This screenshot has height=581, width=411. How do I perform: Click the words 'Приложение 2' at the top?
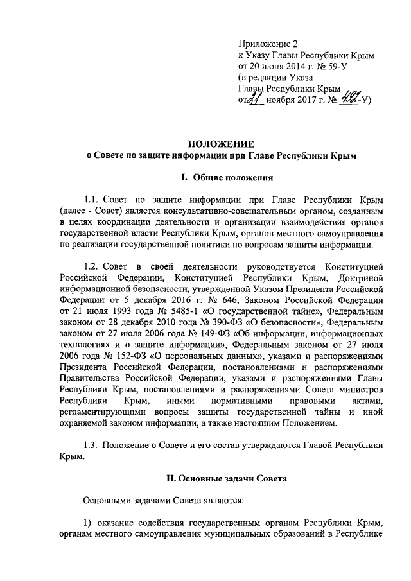(268, 44)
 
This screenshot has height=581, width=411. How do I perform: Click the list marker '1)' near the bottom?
(89, 521)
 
